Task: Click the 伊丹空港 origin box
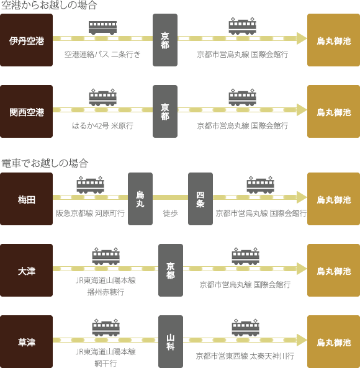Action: coord(26,40)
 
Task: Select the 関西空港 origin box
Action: coord(26,111)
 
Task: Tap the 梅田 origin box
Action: coord(26,199)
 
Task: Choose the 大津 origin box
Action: coord(26,270)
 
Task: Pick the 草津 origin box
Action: coord(26,341)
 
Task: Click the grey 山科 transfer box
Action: coord(171,341)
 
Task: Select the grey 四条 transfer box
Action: coord(200,199)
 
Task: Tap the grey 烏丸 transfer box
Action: coord(140,199)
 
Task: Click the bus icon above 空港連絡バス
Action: coord(102,28)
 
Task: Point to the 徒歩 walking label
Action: coord(170,213)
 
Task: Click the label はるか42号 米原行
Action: coord(102,126)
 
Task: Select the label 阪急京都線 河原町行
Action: coord(90,213)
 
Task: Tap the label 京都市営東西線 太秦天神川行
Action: coord(245,356)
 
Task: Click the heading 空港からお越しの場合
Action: coord(49,5)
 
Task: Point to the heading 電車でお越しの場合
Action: coord(45,163)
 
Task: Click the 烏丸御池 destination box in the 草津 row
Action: coord(333,341)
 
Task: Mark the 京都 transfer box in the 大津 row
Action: coord(171,270)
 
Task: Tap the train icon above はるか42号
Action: coord(103,97)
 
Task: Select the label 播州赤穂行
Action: coord(106,292)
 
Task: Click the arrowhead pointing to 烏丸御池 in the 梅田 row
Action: coord(302,197)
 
